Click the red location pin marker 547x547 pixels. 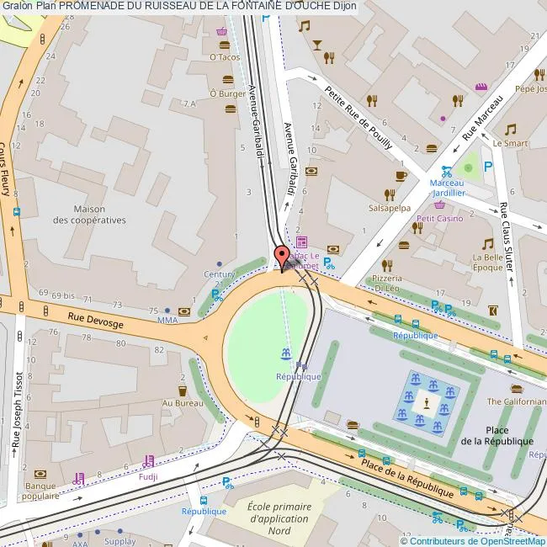pyautogui.click(x=282, y=256)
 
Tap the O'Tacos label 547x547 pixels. pyautogui.click(x=225, y=57)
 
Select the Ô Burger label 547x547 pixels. pyautogui.click(x=227, y=93)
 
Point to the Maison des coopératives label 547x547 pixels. pyautogui.click(x=89, y=215)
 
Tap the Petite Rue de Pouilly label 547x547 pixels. pyautogui.click(x=359, y=117)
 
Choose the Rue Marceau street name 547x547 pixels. pyautogui.click(x=482, y=117)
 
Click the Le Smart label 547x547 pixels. pyautogui.click(x=510, y=143)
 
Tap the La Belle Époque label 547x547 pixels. pyautogui.click(x=488, y=262)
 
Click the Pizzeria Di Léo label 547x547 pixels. pyautogui.click(x=388, y=282)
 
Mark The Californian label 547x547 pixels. pyautogui.click(x=516, y=401)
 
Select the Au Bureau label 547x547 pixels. pyautogui.click(x=183, y=404)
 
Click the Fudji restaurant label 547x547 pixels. pyautogui.click(x=148, y=475)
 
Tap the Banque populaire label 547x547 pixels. pyautogui.click(x=40, y=491)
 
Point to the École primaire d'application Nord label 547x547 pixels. pyautogui.click(x=279, y=519)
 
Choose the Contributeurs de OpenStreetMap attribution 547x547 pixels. pyautogui.click(x=473, y=540)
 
